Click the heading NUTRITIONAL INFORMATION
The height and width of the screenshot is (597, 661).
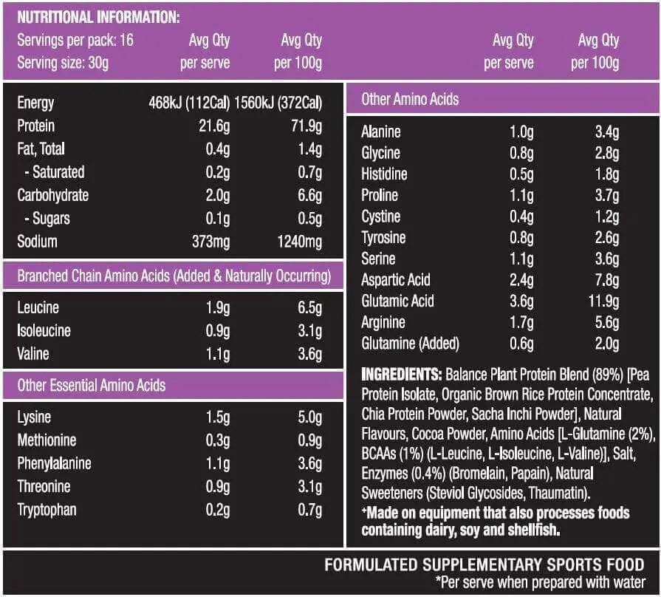(98, 17)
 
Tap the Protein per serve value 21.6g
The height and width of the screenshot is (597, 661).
(215, 126)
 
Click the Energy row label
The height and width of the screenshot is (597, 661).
(35, 103)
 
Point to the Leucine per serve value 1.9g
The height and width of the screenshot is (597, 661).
(218, 308)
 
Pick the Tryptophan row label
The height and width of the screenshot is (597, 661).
(47, 510)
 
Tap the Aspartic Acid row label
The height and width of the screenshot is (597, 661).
(395, 280)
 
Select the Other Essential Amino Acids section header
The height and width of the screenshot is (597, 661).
(92, 385)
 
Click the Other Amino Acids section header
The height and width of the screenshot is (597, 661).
(410, 99)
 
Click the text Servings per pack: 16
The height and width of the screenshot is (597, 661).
(75, 40)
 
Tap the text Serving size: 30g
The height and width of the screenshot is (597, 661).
(63, 63)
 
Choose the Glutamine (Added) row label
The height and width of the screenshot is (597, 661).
(410, 344)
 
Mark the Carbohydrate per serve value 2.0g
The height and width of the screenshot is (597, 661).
(218, 196)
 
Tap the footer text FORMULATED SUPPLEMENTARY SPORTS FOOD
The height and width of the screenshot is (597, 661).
(484, 565)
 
